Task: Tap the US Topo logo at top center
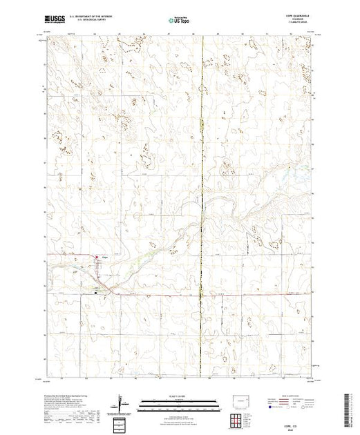pyautogui.click(x=179, y=21)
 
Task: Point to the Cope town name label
pyautogui.click(x=105, y=259)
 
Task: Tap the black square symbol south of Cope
pyautogui.click(x=96, y=293)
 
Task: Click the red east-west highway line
pyautogui.click(x=207, y=296)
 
